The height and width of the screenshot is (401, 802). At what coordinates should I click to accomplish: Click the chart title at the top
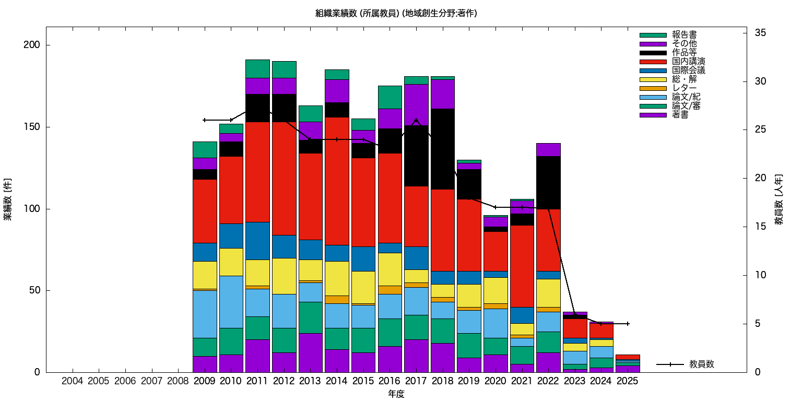[396, 13]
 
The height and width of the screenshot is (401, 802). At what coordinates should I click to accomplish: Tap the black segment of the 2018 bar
[442, 149]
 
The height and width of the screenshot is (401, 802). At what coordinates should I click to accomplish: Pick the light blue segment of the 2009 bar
[205, 314]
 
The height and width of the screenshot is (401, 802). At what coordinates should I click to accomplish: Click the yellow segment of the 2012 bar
[284, 276]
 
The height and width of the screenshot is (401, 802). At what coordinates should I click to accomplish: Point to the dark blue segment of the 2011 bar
[257, 241]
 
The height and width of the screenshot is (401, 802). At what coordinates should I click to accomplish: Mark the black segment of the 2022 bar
[548, 182]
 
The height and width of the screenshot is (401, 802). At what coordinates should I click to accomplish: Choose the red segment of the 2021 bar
[522, 266]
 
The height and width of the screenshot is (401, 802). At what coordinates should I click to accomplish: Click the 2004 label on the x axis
[72, 381]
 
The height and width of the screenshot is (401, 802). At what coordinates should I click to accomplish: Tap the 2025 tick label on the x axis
[627, 381]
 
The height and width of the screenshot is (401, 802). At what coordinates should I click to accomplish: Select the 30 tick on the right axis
[760, 81]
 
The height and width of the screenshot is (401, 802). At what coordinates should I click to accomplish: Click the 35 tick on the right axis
[760, 33]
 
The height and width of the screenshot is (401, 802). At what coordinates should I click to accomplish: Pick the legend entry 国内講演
[685, 62]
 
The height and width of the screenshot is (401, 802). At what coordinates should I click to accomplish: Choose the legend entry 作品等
[685, 53]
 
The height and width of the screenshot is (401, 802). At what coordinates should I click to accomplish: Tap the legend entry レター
[685, 88]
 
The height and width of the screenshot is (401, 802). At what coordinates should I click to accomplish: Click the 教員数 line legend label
[701, 364]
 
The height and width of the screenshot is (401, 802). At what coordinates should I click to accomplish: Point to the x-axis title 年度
[396, 394]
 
